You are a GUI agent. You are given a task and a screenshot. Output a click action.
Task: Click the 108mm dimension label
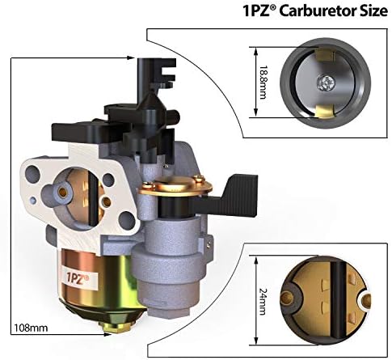click(x=31, y=328)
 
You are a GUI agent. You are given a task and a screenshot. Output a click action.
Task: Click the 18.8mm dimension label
click(x=263, y=83)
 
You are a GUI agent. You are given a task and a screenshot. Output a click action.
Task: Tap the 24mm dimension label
click(x=263, y=302)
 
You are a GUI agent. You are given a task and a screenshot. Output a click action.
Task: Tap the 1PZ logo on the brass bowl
click(x=77, y=277)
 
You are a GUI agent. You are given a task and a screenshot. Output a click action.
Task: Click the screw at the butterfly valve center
click(x=326, y=83)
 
